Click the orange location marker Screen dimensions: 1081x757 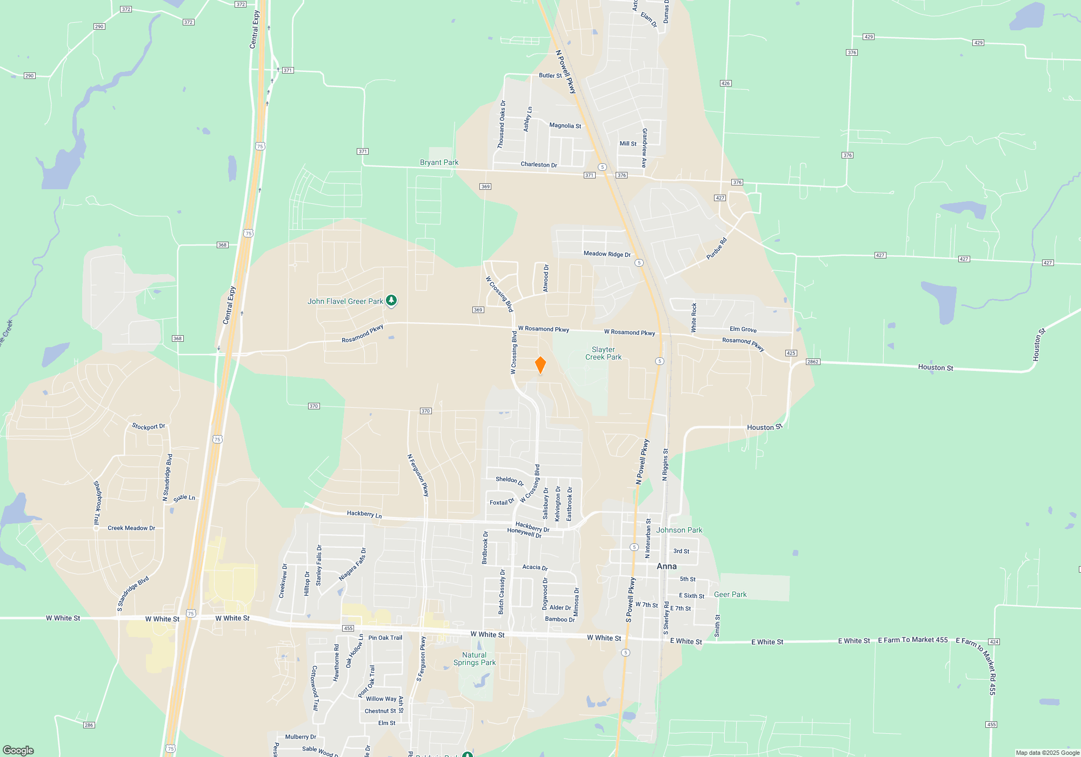540,365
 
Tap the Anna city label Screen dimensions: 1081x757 666,566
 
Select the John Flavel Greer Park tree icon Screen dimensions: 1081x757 391,301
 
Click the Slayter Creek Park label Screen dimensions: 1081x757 603,354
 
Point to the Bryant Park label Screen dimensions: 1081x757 439,162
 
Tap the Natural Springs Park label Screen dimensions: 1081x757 474,659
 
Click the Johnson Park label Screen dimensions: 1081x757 679,530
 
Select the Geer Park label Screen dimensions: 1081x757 730,594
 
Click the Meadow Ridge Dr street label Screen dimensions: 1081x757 607,254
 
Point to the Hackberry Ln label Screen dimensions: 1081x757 364,514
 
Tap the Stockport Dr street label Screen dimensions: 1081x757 149,427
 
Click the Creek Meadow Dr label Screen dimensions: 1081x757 131,528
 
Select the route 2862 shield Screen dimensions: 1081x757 812,362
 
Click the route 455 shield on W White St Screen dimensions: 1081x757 348,628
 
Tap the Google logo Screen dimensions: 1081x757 18,750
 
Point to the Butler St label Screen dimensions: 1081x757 550,76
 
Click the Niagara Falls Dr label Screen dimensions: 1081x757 352,565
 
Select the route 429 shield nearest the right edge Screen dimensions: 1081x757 978,43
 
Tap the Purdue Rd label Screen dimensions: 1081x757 717,249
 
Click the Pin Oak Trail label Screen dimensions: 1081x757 385,638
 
